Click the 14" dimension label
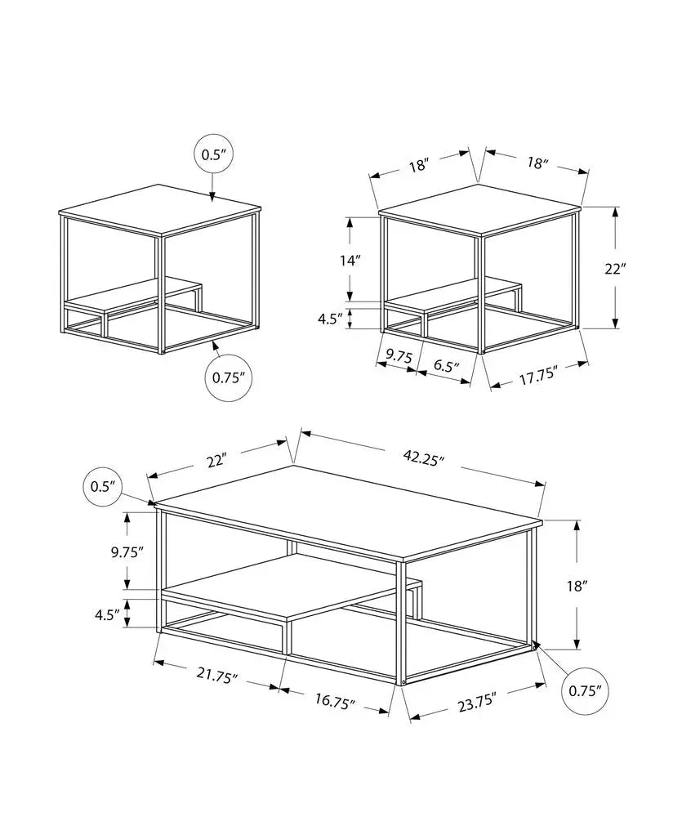(x=350, y=261)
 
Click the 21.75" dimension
(x=218, y=676)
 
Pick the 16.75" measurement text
(x=335, y=701)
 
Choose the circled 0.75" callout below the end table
(x=229, y=377)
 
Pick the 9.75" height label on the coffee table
(x=127, y=551)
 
